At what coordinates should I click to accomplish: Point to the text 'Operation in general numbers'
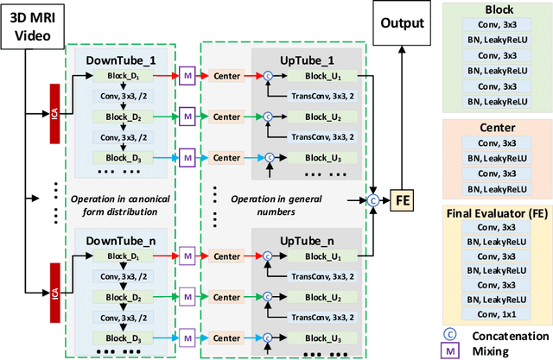click(x=277, y=205)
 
